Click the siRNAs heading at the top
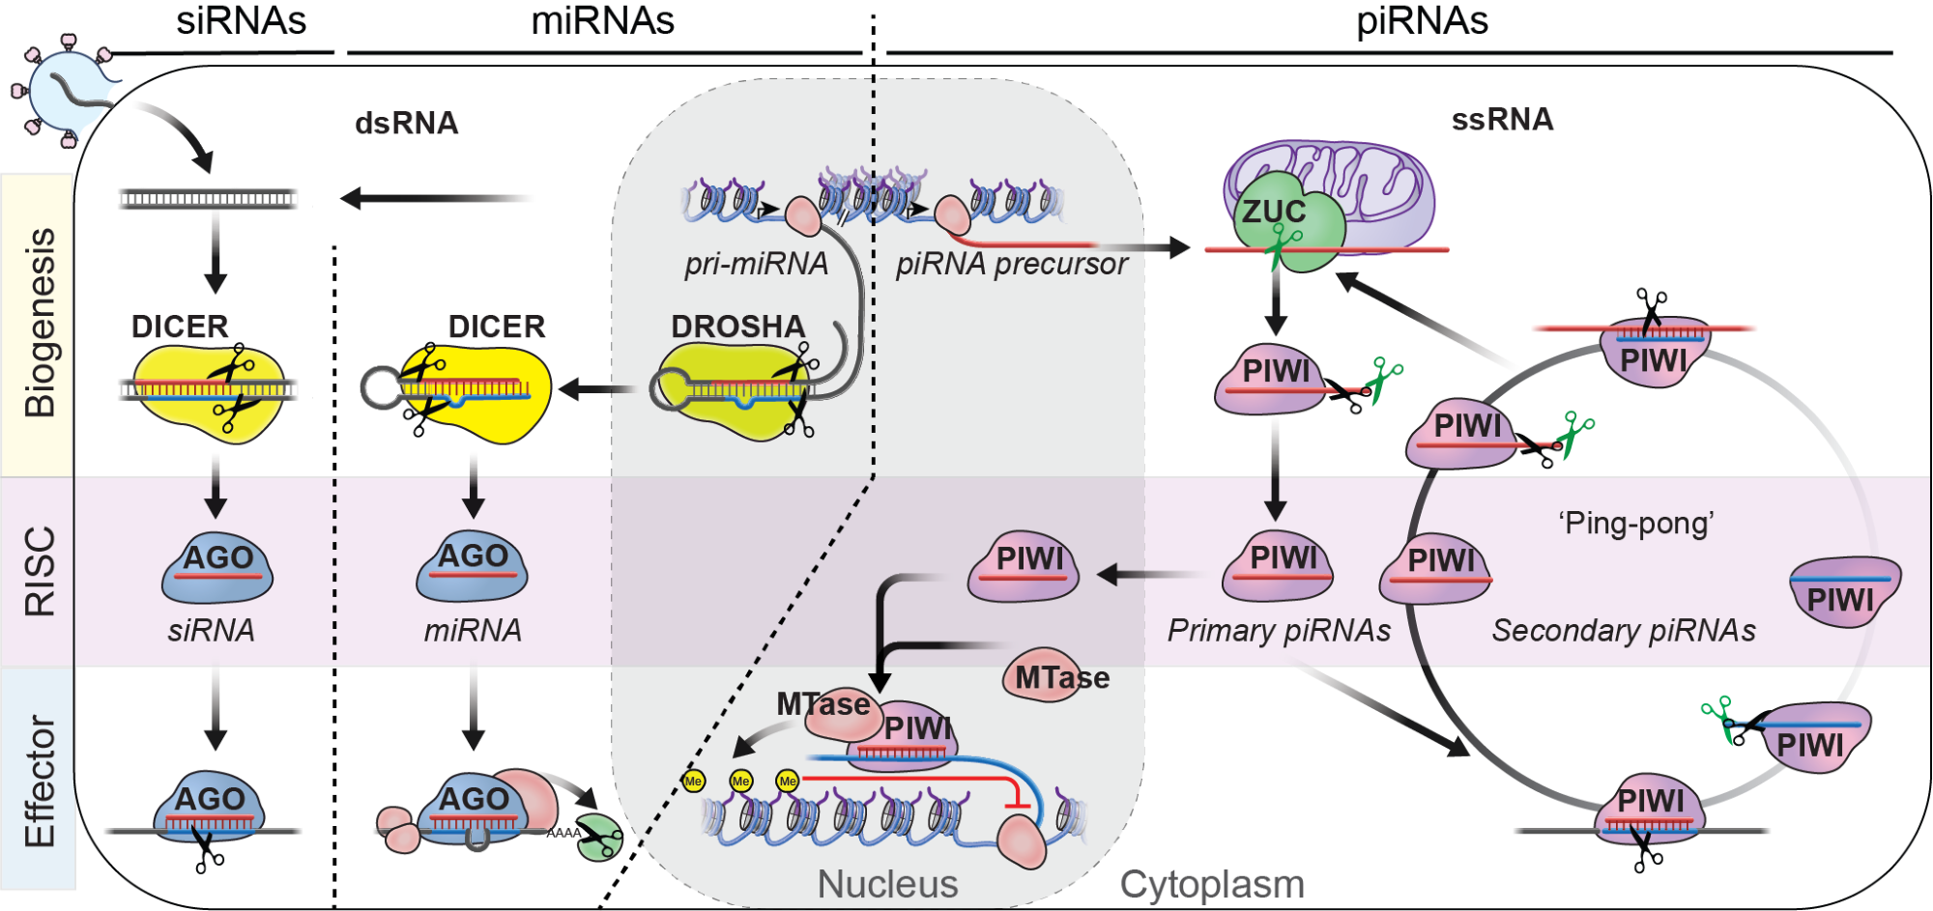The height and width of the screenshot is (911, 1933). point(241,21)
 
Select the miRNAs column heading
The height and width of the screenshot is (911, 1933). point(602,21)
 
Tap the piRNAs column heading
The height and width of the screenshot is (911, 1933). point(1422,21)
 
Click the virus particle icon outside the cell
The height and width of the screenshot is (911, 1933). point(66,92)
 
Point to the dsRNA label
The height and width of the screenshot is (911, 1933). point(406,124)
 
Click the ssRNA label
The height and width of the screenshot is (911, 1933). point(1502,120)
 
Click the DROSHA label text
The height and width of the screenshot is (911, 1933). point(737,327)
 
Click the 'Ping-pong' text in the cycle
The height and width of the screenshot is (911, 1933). point(1635,524)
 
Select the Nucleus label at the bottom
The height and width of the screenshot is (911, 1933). point(887,884)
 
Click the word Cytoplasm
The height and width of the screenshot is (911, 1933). point(1212,884)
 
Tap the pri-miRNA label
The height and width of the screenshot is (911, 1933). point(756,264)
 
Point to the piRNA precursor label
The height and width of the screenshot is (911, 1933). point(1011,264)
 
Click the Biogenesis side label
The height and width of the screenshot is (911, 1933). point(40,324)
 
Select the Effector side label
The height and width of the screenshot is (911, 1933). point(40,781)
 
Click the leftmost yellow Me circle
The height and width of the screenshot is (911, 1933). point(693,781)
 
